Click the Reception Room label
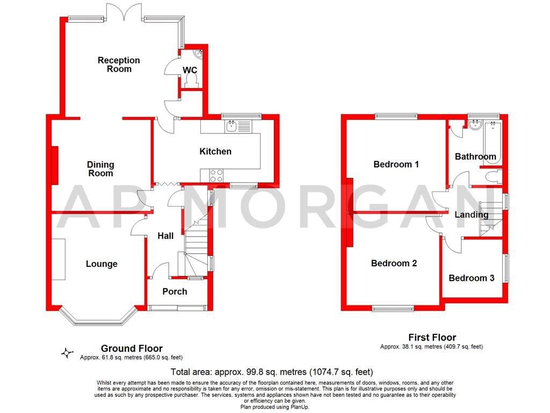point(119,65)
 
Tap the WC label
point(190,70)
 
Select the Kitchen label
point(215,152)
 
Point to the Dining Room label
point(101,169)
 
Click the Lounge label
point(102,264)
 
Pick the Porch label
point(175,291)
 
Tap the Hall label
point(165,236)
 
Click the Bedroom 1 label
point(396,165)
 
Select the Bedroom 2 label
point(394,264)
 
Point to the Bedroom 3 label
point(472,278)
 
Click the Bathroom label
point(475,157)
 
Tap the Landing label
point(472,215)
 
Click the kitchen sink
point(233,127)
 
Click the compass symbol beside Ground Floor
point(67,353)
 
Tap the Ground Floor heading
point(132,348)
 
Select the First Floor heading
point(431,338)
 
